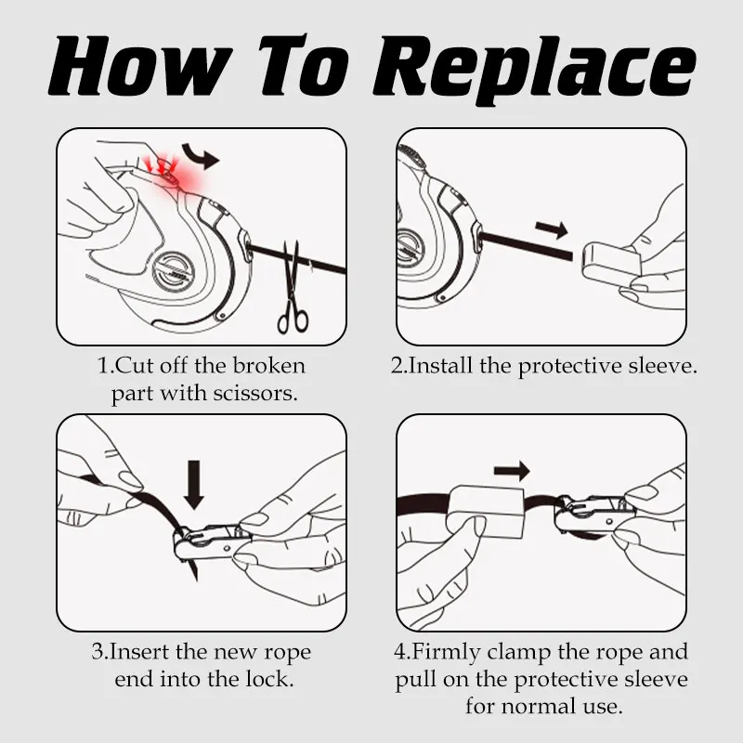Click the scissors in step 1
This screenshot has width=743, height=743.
click(x=292, y=289)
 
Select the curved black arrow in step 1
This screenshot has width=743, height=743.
click(x=201, y=155)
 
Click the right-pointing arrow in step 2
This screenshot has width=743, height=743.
click(x=552, y=229)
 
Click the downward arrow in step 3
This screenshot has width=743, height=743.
click(x=193, y=485)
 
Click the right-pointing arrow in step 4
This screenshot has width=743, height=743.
click(x=512, y=471)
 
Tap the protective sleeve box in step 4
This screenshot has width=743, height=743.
click(x=486, y=513)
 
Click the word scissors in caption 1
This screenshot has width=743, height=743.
click(x=254, y=393)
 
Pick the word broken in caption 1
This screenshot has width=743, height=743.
click(x=268, y=365)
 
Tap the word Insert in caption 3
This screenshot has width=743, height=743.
click(x=139, y=652)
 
